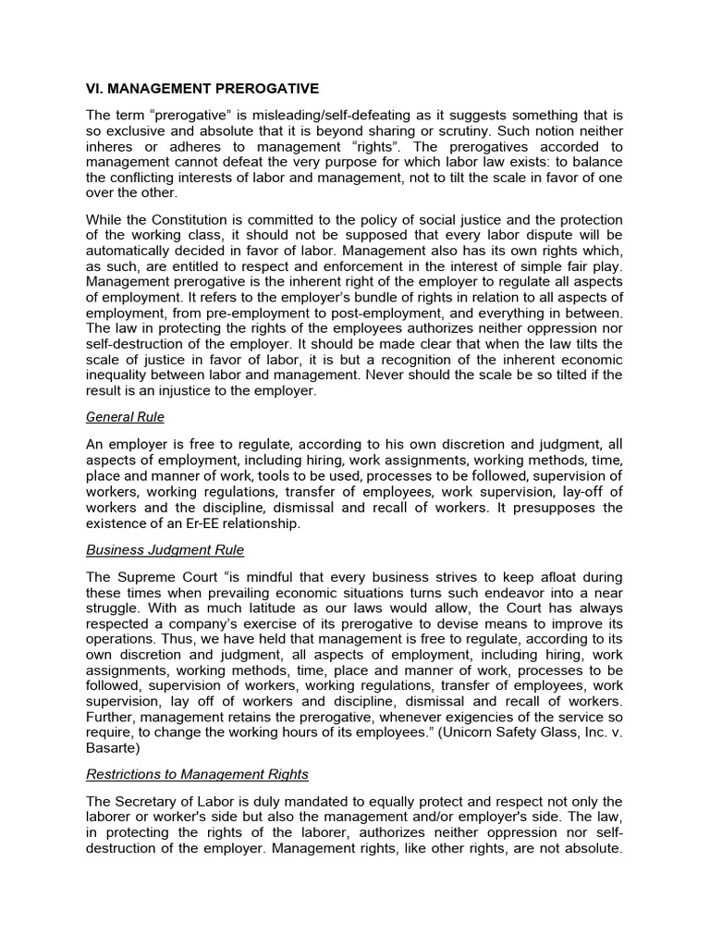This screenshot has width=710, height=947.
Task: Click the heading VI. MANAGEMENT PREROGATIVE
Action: click(x=202, y=89)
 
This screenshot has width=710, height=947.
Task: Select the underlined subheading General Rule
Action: click(x=125, y=417)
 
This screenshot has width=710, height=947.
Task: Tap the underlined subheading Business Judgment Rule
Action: click(x=165, y=550)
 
